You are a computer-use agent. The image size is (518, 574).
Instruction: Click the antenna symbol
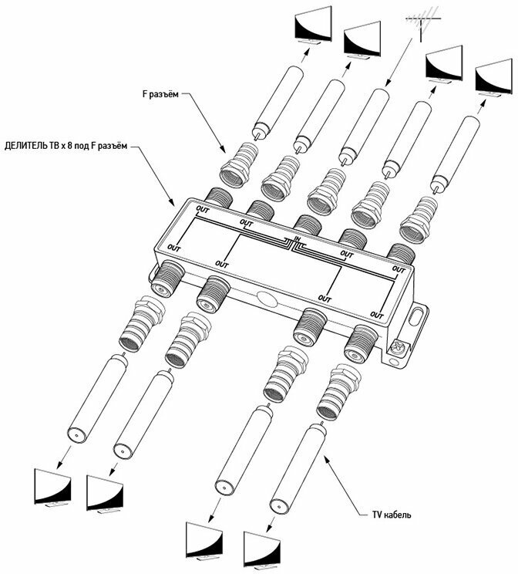coord(422,19)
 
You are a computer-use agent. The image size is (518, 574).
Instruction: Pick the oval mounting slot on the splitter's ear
coord(419,317)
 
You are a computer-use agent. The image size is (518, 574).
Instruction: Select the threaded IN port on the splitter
coord(307,225)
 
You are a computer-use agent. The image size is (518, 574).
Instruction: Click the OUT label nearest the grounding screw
coord(376,314)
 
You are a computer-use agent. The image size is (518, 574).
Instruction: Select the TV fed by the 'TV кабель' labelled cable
coord(261,546)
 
